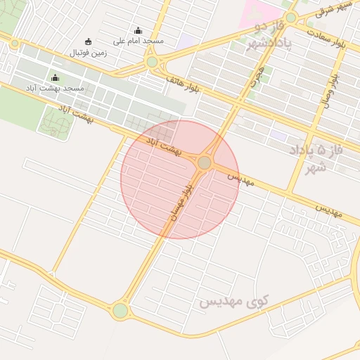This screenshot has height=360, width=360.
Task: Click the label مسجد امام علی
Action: pos(138,41)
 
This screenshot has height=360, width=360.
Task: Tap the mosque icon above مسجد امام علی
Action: pos(138,31)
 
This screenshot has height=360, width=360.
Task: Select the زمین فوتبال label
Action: pos(89,52)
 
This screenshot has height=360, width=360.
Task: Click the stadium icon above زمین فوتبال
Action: pos(88,41)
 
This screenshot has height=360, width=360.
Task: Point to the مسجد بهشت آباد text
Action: pos(55,89)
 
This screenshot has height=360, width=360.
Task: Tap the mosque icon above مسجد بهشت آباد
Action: pos(55,77)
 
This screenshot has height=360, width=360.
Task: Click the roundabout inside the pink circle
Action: pos(204,163)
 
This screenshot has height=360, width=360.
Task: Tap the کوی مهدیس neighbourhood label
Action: pos(234,302)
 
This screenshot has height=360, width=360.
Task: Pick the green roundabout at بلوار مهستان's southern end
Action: pos(120,310)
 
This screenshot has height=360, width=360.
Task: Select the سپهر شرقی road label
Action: pos(335,9)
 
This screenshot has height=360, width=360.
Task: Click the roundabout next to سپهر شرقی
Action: pos(290,18)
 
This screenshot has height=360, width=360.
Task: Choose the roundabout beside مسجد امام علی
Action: pos(153,62)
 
